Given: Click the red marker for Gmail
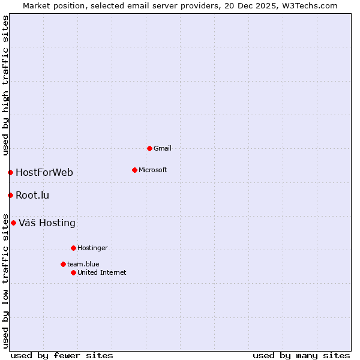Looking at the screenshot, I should [149, 148].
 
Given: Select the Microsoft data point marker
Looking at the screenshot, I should [134, 170].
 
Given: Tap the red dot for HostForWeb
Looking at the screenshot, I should [10, 173].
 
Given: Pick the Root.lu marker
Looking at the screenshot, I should [10, 195].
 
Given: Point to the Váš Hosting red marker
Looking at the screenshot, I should [13, 223].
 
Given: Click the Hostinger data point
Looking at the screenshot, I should [73, 248].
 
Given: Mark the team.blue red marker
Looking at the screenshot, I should [63, 264].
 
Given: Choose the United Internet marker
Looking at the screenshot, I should [73, 272].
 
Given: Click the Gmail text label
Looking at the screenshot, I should [163, 148].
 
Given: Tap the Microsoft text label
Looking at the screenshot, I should [153, 170].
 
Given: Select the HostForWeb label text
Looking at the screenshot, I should [44, 173].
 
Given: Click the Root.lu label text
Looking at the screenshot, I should [32, 195].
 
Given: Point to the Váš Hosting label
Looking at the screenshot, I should [47, 223].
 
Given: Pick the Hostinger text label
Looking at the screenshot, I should [92, 248].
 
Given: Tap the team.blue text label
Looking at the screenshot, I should [83, 264].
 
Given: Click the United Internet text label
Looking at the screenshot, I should [102, 272].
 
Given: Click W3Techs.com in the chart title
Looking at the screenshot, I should [310, 5].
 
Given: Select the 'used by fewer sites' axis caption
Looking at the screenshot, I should [62, 355].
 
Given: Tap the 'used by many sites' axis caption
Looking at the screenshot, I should [301, 355].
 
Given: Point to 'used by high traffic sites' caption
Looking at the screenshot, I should [5, 85].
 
